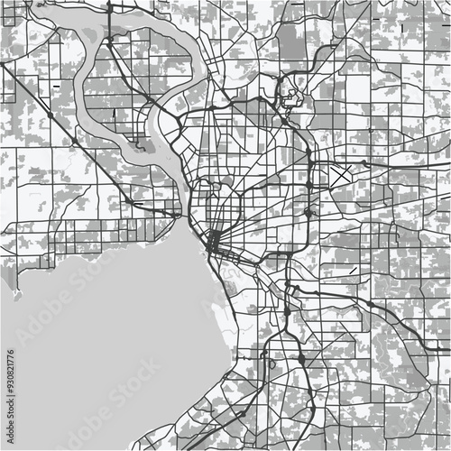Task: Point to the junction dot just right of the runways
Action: click(363, 163)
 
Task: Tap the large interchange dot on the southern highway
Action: click(300, 359)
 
